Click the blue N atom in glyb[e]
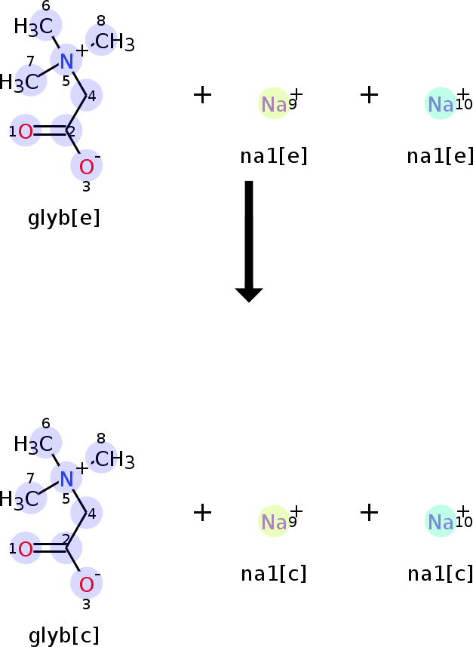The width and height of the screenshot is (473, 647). (66, 61)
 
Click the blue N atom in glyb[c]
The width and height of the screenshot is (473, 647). (66, 479)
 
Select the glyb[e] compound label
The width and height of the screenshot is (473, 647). (64, 218)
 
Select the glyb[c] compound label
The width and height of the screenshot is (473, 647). (64, 636)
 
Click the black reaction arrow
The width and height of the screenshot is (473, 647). (249, 241)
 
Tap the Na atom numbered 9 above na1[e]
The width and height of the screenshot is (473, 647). (274, 104)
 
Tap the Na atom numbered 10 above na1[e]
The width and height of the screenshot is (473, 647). (441, 104)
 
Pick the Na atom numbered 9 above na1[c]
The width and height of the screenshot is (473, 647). (274, 522)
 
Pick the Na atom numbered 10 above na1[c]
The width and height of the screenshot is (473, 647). (441, 522)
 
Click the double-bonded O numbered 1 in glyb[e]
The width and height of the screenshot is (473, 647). (26, 132)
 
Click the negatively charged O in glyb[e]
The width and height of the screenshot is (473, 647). (86, 167)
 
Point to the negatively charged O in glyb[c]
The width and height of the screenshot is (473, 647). (86, 584)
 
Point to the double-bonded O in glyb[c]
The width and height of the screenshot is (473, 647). (26, 549)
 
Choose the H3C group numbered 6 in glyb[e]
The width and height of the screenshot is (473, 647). (33, 27)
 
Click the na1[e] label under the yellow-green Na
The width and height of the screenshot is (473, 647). (274, 156)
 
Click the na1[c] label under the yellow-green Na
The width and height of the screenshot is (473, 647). (274, 574)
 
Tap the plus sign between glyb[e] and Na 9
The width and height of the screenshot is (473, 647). (202, 95)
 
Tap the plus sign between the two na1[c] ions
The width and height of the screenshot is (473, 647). (369, 513)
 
